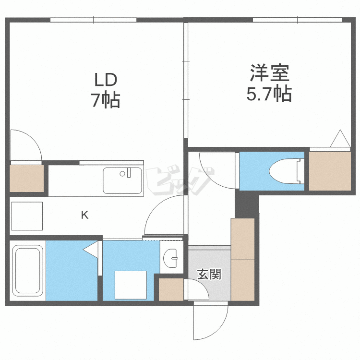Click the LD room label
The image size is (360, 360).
click(x=106, y=80)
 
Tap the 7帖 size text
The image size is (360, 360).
click(x=106, y=100)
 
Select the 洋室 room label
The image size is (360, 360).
click(x=269, y=73)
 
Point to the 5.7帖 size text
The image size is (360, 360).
click(x=269, y=94)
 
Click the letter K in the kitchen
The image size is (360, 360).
click(x=84, y=215)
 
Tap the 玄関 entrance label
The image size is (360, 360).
click(x=209, y=274)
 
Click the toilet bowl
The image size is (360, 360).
click(x=285, y=171)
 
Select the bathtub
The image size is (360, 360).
click(x=28, y=271)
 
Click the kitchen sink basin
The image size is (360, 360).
click(x=122, y=180)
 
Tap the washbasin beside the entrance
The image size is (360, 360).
click(x=170, y=258)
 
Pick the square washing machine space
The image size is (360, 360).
click(x=131, y=285)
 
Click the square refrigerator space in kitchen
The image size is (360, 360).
click(x=27, y=216)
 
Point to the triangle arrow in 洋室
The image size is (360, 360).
click(x=340, y=138)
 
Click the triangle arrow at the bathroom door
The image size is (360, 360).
click(x=91, y=249)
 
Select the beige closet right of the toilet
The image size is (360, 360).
click(x=330, y=171)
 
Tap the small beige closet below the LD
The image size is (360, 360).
click(x=26, y=179)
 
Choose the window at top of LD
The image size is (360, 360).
click(x=93, y=20)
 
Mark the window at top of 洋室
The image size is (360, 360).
click(x=297, y=20)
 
